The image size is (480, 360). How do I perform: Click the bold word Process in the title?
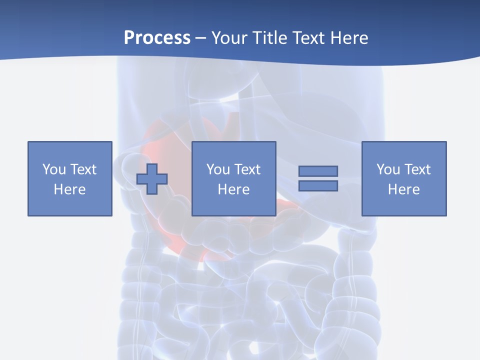(x=157, y=38)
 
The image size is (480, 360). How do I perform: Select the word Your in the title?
(x=228, y=38)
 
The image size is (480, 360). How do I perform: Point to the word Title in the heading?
(x=269, y=38)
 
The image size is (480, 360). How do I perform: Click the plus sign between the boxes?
(x=152, y=179)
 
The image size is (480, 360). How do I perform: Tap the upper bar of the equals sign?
(x=318, y=171)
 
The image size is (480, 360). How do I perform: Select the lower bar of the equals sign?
(x=318, y=186)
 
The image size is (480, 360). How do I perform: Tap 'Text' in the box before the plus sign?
(x=83, y=169)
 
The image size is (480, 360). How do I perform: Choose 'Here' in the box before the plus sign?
(x=69, y=189)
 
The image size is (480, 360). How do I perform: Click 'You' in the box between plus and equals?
(x=218, y=169)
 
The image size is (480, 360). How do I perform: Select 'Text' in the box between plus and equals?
(x=247, y=169)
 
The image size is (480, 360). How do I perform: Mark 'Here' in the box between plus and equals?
(x=233, y=189)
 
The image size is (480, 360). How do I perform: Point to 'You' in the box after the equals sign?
(x=388, y=169)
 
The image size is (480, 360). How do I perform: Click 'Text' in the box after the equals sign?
(x=417, y=169)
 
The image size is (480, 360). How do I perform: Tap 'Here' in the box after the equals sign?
(x=403, y=189)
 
